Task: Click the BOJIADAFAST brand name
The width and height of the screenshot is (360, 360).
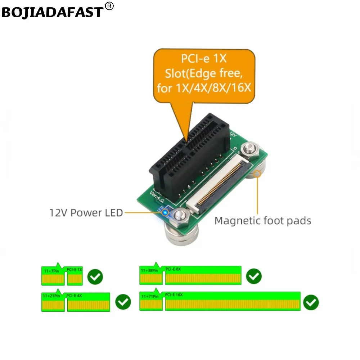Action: pos(53,12)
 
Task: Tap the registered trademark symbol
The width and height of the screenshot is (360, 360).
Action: pos(110,6)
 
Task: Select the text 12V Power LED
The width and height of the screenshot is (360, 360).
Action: pos(86,213)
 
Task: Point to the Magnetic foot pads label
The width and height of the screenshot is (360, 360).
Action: pos(263,220)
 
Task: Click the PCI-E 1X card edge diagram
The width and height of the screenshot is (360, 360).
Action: pos(62,276)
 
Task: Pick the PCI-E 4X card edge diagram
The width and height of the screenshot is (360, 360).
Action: pos(76,302)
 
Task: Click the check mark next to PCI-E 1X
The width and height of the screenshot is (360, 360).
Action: pos(95,276)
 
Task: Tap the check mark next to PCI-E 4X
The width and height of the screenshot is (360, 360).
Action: pos(123,302)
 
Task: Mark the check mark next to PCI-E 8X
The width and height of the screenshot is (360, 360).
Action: pos(254,276)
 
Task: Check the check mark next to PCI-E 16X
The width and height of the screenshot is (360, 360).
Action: pos(311,302)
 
